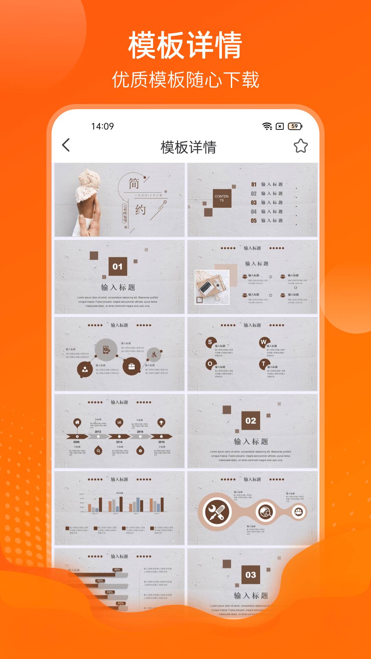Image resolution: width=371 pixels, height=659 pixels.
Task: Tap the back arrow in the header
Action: (66, 145)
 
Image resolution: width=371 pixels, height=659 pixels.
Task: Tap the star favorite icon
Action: (301, 146)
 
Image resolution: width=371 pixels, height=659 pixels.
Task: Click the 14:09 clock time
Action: (102, 126)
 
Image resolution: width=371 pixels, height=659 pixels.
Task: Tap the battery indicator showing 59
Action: (295, 126)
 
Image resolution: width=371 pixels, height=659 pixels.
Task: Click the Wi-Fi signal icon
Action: (267, 126)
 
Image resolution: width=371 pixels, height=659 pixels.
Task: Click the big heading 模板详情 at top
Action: (185, 45)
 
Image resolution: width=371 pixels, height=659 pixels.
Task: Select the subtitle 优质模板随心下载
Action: (185, 80)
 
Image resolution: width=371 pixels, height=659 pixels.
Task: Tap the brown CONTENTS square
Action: (222, 198)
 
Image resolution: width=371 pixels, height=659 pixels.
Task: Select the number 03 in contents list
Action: (254, 203)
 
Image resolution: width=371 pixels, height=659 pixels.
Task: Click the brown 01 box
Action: (117, 266)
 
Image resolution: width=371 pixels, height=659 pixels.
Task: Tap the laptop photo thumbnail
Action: (212, 287)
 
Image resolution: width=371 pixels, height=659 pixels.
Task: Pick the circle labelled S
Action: (210, 342)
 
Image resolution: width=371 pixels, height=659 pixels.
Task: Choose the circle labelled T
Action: (264, 364)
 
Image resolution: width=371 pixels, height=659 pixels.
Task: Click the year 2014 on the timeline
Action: (119, 442)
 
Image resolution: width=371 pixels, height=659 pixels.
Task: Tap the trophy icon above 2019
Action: (161, 422)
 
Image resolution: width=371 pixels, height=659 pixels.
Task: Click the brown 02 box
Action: (251, 420)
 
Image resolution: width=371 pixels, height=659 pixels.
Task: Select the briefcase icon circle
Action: (132, 366)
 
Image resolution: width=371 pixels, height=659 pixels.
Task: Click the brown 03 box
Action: (251, 575)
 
